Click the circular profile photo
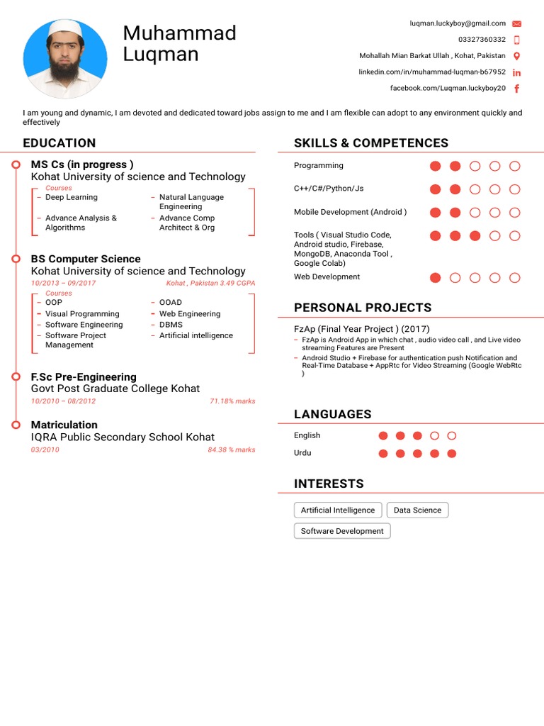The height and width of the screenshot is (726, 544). tap(65, 58)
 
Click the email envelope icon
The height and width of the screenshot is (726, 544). tap(516, 23)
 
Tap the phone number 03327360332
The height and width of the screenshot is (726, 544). tap(482, 40)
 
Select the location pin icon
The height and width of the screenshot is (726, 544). tap(516, 56)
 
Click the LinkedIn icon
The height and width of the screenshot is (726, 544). tap(516, 72)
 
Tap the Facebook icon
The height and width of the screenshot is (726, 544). tap(516, 89)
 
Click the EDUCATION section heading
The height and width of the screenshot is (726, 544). tap(59, 143)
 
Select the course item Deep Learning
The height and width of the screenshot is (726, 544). tap(72, 197)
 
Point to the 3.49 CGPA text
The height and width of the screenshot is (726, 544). tap(237, 283)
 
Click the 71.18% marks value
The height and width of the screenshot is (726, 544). tap(232, 401)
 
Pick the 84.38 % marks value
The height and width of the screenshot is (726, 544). tap(232, 450)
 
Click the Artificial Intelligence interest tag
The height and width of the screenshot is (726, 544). tap(338, 510)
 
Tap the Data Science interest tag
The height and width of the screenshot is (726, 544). tap(417, 510)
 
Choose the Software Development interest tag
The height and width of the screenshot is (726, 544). tap(342, 531)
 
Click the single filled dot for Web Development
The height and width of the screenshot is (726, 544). tap(436, 278)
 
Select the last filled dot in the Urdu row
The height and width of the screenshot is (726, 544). tap(452, 454)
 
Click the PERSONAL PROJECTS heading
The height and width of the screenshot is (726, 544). tap(363, 308)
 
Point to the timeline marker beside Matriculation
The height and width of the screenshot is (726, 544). tap(16, 425)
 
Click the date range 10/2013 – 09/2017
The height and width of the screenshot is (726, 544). tap(63, 283)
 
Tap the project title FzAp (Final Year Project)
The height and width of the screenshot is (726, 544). tap(361, 329)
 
